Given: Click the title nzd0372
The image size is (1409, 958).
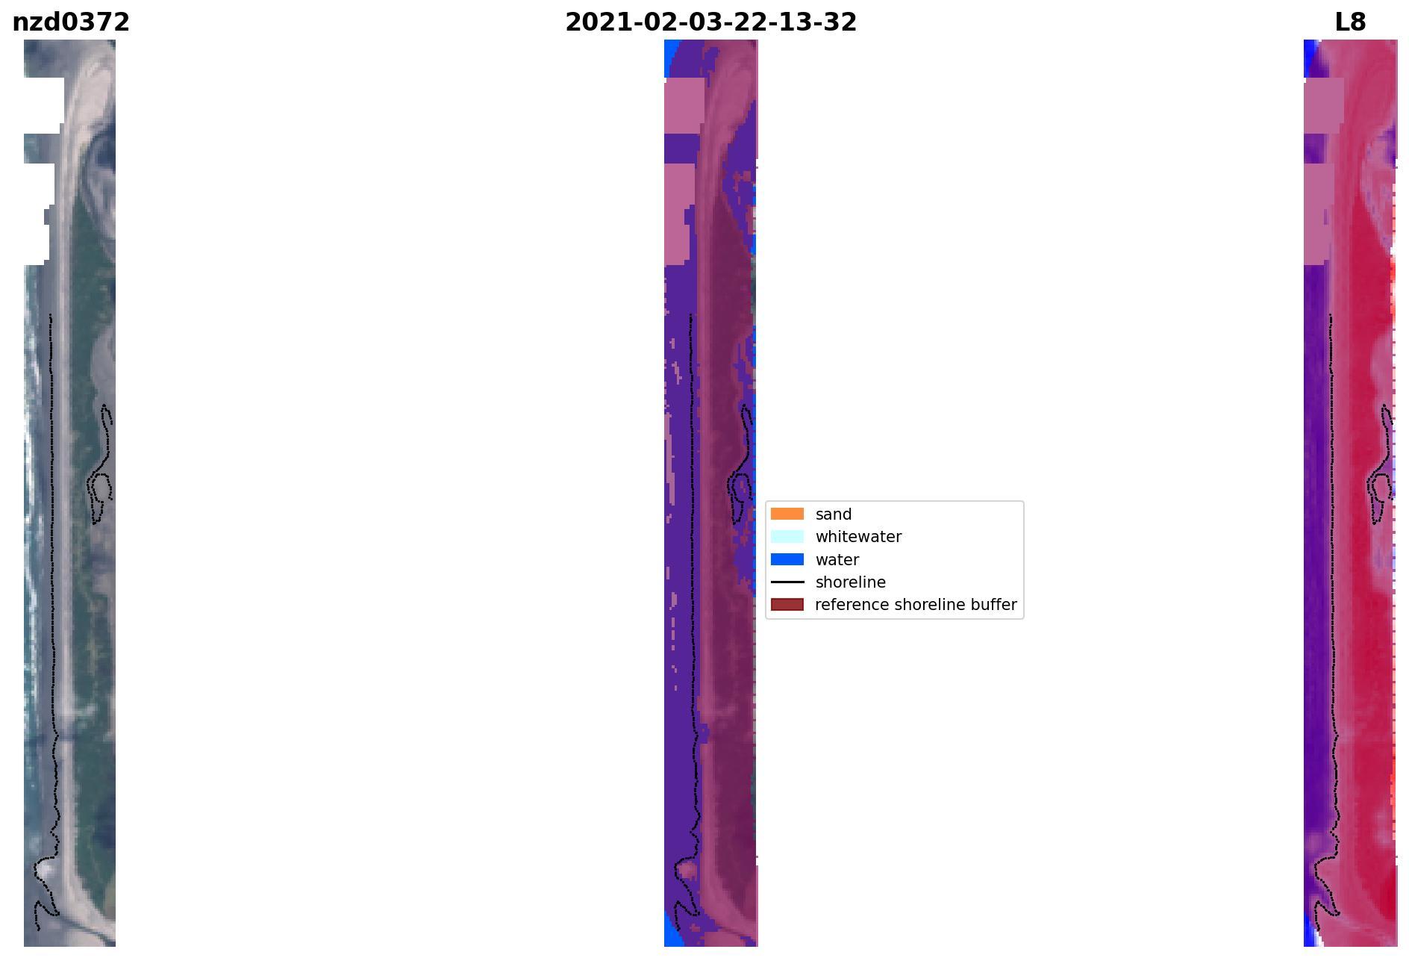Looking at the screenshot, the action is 71,22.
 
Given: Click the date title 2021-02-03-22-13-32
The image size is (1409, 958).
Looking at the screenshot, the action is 710,22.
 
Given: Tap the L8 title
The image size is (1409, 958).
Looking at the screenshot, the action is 1350,22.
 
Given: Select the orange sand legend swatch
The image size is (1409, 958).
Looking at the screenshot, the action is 787,514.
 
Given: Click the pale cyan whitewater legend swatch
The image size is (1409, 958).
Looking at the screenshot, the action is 787,536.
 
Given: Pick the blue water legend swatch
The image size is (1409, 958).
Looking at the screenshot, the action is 787,559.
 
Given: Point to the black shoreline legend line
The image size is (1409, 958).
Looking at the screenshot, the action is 787,582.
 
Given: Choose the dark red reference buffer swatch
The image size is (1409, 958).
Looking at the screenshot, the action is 787,604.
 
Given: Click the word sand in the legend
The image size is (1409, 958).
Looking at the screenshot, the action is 834,514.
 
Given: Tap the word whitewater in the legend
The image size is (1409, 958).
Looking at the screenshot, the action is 858,537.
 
